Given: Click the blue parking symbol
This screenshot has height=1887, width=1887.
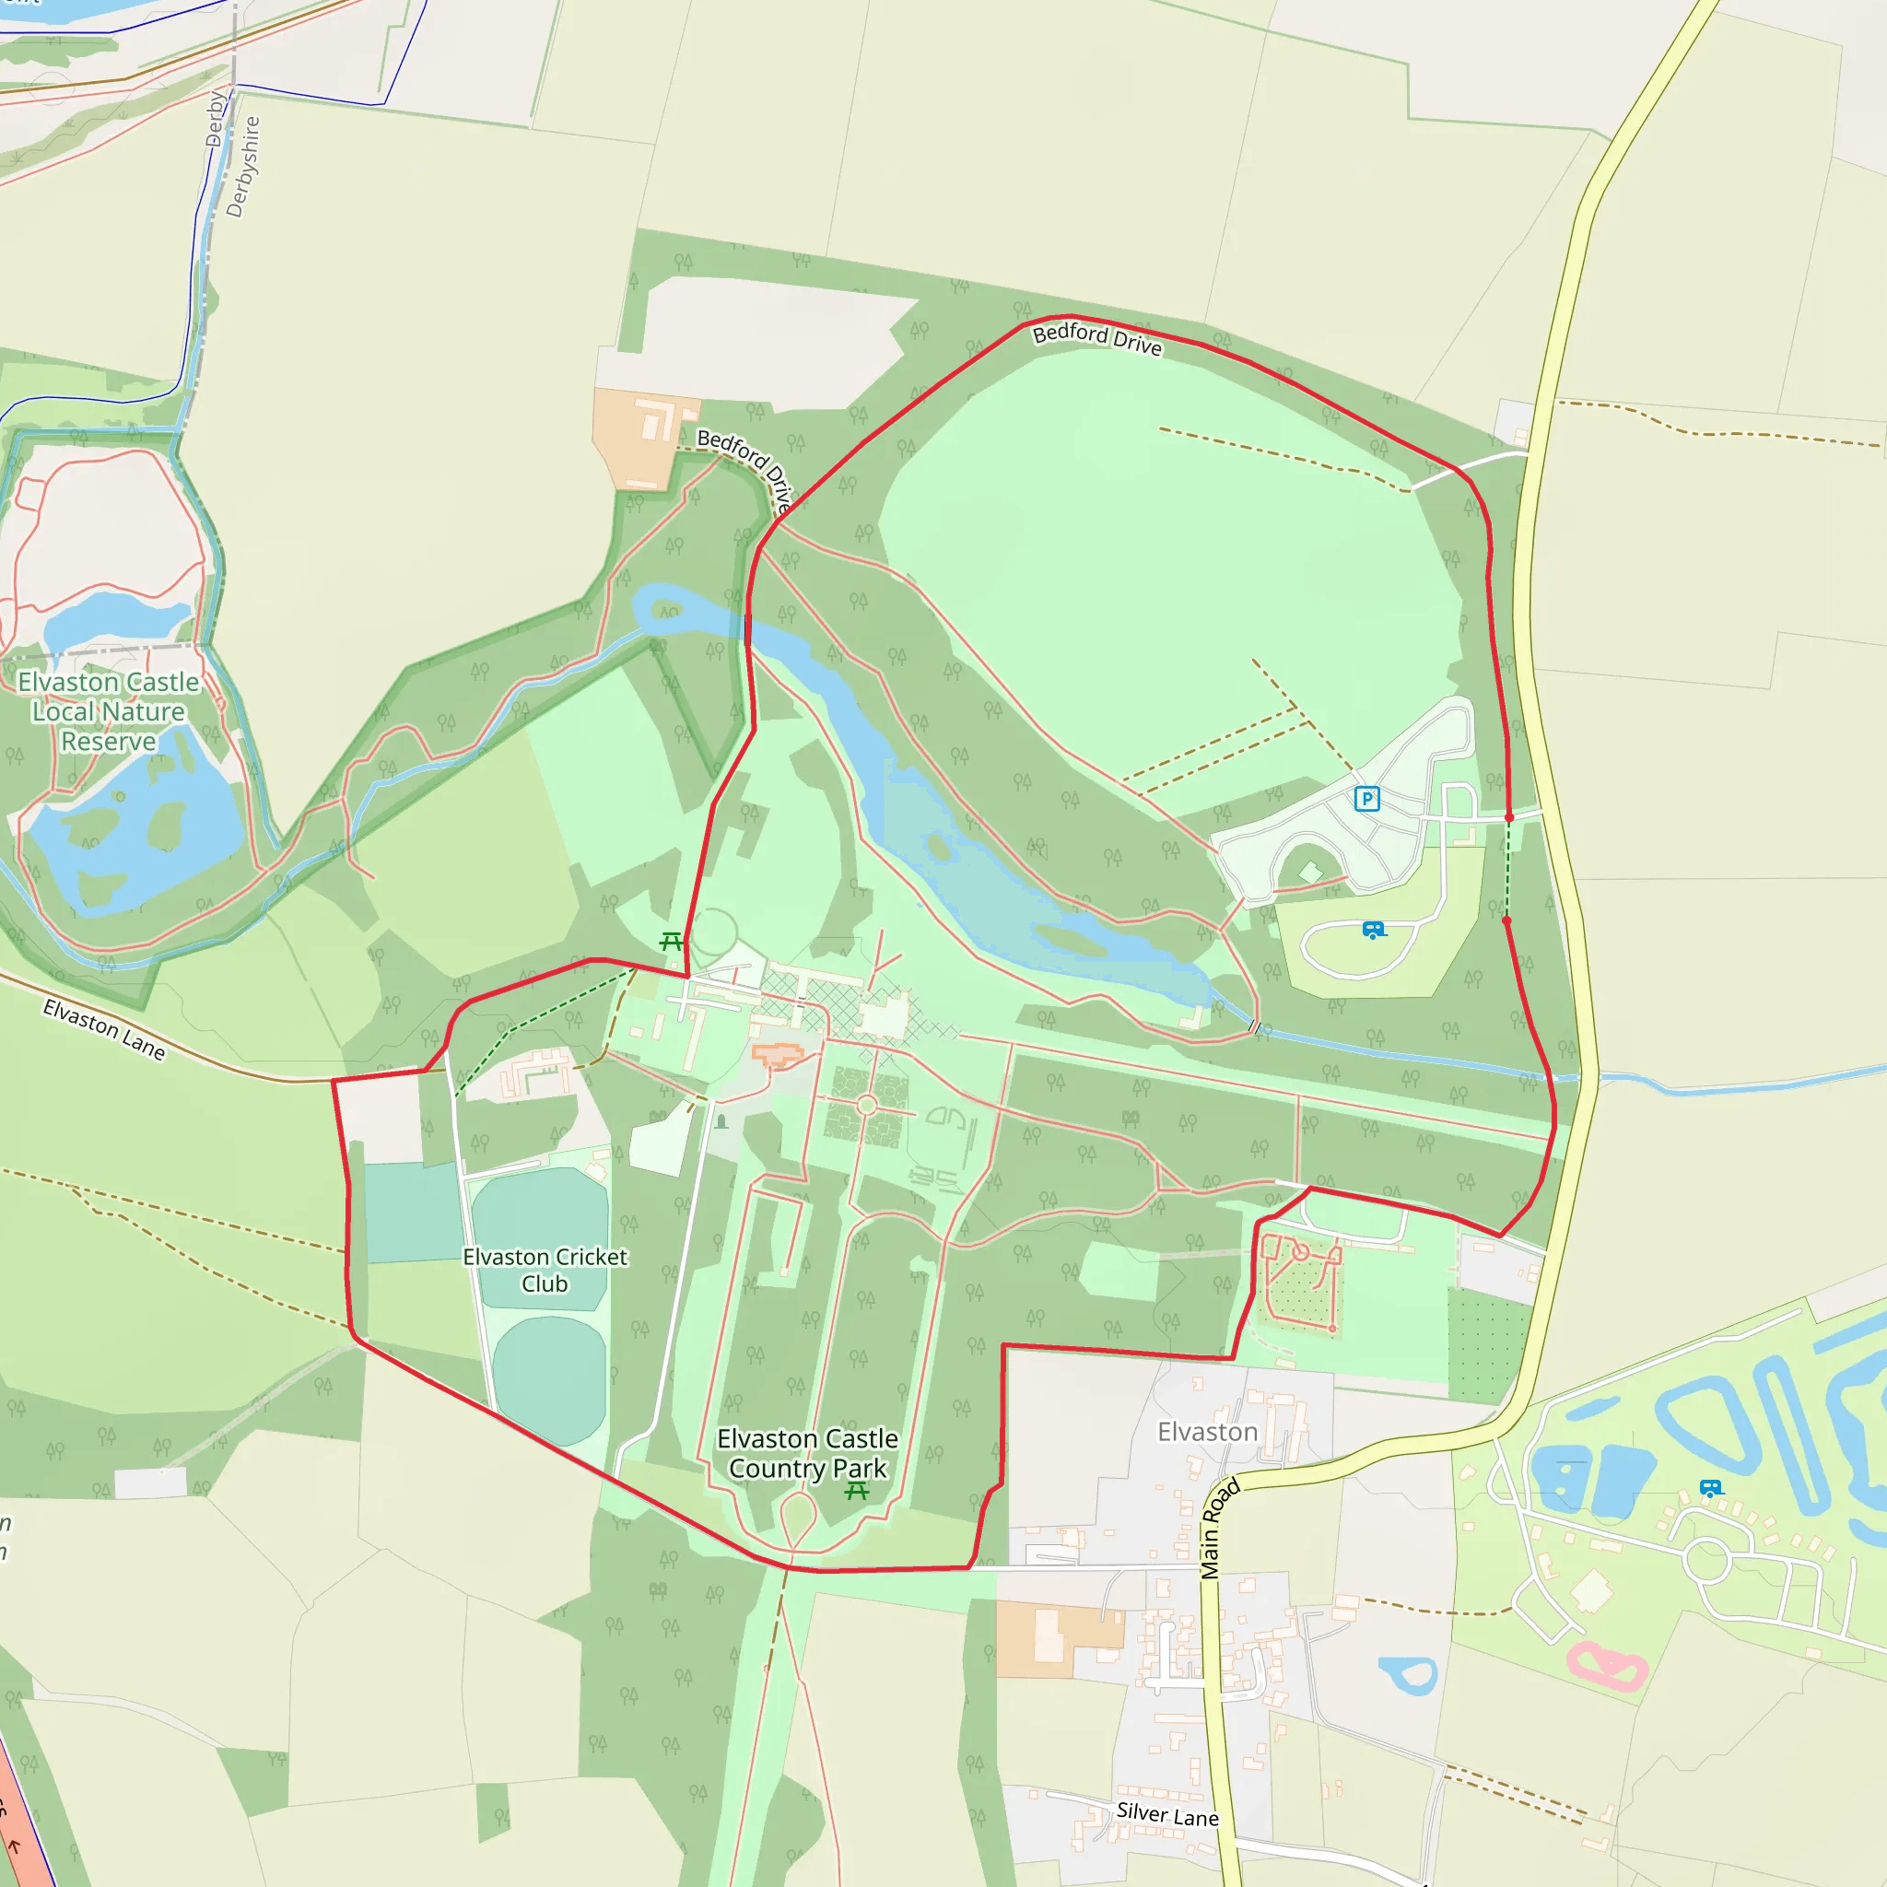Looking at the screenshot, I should pos(1367,799).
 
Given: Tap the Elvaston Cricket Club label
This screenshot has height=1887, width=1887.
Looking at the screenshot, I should pos(545,1270).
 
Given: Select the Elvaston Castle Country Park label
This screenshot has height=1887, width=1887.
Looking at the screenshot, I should pos(808,1453).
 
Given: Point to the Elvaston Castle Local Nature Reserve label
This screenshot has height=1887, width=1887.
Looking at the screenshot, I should pos(109,712).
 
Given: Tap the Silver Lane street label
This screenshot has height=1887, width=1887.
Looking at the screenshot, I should pos(1167,1815).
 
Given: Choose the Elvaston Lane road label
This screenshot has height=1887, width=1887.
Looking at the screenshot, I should pos(104,1029).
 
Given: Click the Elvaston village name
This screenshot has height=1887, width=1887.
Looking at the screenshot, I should pos(1207,1432).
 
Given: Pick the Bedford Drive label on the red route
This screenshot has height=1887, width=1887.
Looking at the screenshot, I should pos(1096,339).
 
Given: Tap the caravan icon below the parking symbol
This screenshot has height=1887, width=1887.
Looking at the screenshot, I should pos(1373,930).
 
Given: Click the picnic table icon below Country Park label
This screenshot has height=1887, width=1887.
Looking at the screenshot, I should pos(857,1491).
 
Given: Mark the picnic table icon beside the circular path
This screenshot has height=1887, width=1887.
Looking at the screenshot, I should pos(670,942).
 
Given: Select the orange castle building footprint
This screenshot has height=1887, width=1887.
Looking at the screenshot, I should pos(778,1054).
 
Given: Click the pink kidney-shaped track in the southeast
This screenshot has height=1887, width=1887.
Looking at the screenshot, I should pos(1608,1665).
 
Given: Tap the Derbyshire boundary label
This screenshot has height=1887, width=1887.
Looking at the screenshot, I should pos(243,166).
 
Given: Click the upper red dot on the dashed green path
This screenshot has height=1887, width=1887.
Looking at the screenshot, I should pos(1509,817).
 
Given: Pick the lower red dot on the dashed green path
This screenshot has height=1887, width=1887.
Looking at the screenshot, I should pos(1506,920).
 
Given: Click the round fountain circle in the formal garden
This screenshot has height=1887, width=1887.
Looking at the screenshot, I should pos(866,1105).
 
